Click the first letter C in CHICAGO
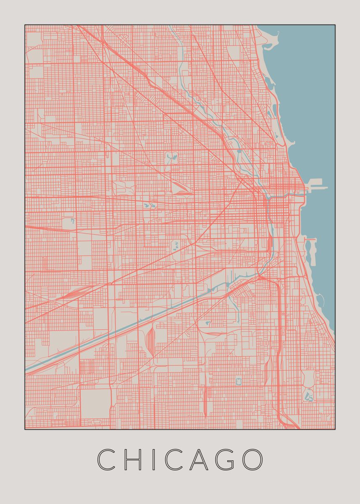[106, 459]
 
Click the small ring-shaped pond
[239, 381]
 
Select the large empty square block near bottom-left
[95, 403]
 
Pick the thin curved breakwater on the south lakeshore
[322, 300]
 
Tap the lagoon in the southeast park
[309, 395]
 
